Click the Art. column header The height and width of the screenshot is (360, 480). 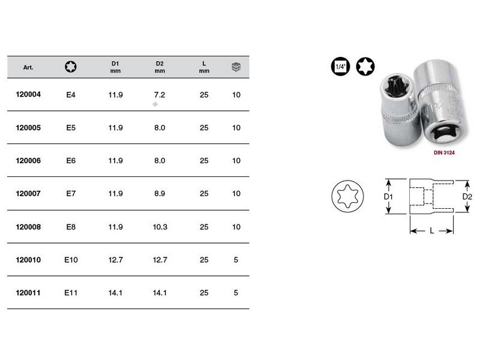(x=28, y=67)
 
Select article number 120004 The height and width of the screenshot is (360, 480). (x=29, y=94)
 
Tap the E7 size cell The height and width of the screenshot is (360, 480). (x=70, y=194)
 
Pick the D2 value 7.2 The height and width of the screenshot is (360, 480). (x=160, y=95)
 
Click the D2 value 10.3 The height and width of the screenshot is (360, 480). (x=160, y=227)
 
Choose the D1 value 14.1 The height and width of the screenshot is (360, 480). (x=116, y=293)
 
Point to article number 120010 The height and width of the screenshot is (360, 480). (x=29, y=260)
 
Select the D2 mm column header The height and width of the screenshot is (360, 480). (x=160, y=67)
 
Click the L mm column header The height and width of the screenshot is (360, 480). (x=204, y=67)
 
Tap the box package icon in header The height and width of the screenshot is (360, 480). (x=236, y=67)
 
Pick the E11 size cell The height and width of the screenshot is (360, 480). (x=70, y=293)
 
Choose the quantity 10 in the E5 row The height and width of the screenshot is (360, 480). (x=236, y=128)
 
